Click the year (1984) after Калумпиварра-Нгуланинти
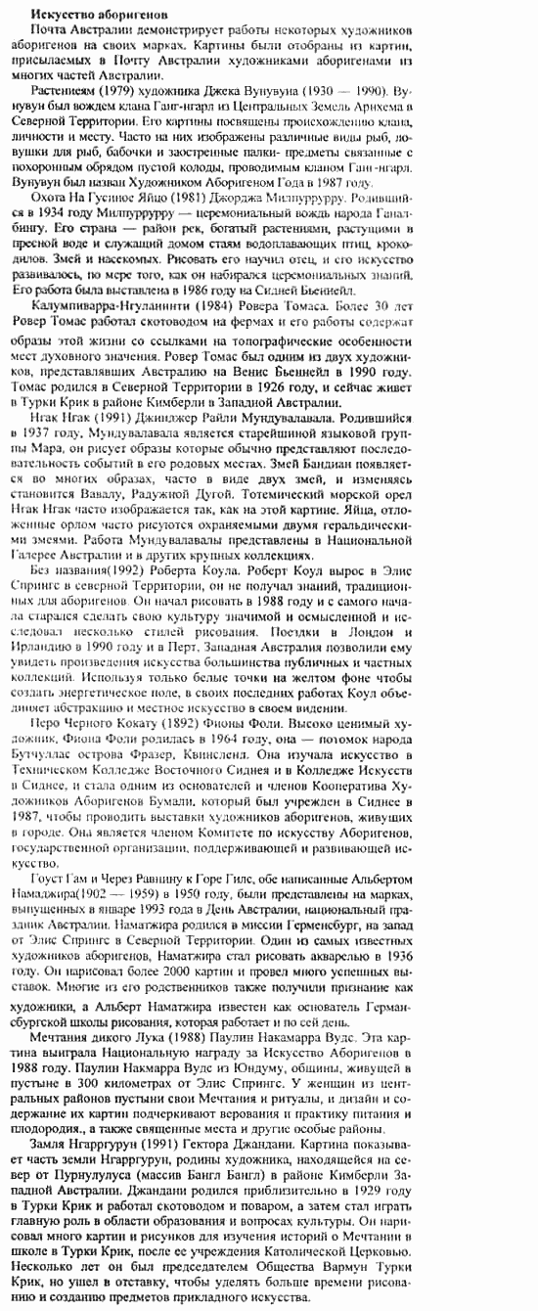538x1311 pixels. tap(220, 304)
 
